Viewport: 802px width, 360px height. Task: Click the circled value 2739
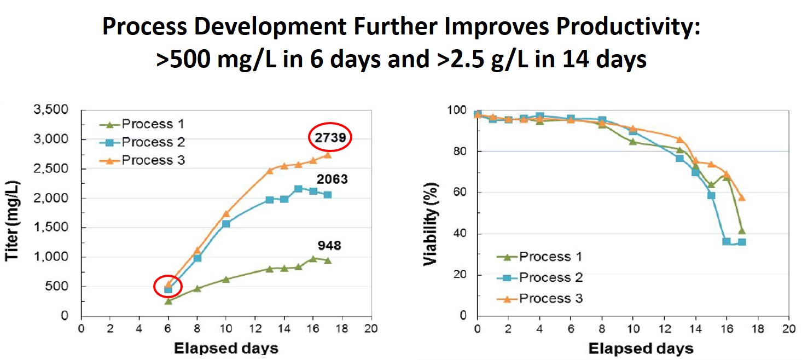[329, 138]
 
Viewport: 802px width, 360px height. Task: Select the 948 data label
[329, 245]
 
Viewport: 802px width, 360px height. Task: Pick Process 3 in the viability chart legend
[551, 298]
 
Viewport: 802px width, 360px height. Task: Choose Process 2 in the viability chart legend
[551, 277]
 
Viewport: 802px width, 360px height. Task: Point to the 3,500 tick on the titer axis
[57, 109]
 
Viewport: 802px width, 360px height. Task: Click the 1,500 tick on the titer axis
[57, 228]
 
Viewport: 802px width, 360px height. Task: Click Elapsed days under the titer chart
[226, 348]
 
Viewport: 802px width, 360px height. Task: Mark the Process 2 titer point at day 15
[298, 189]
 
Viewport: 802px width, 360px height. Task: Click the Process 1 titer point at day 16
[313, 258]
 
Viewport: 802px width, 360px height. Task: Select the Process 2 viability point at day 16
[726, 241]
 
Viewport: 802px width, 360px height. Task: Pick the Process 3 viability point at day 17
[741, 197]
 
